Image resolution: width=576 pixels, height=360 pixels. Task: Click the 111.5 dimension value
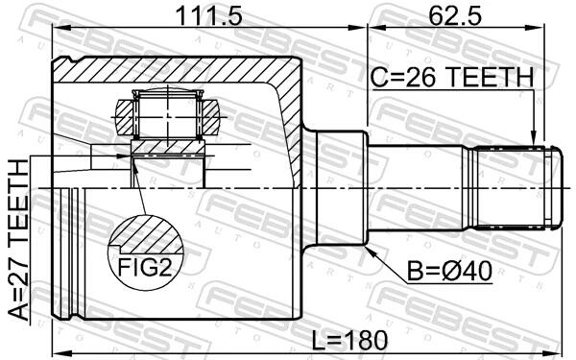(208, 15)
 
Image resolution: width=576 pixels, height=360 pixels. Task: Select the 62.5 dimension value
(455, 15)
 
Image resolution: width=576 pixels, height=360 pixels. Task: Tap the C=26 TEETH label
(451, 78)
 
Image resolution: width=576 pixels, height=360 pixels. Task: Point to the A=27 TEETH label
(18, 240)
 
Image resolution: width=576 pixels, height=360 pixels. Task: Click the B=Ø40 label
(449, 272)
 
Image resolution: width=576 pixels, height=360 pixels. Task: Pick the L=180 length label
(349, 340)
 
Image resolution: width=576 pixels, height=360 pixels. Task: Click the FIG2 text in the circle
(145, 267)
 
